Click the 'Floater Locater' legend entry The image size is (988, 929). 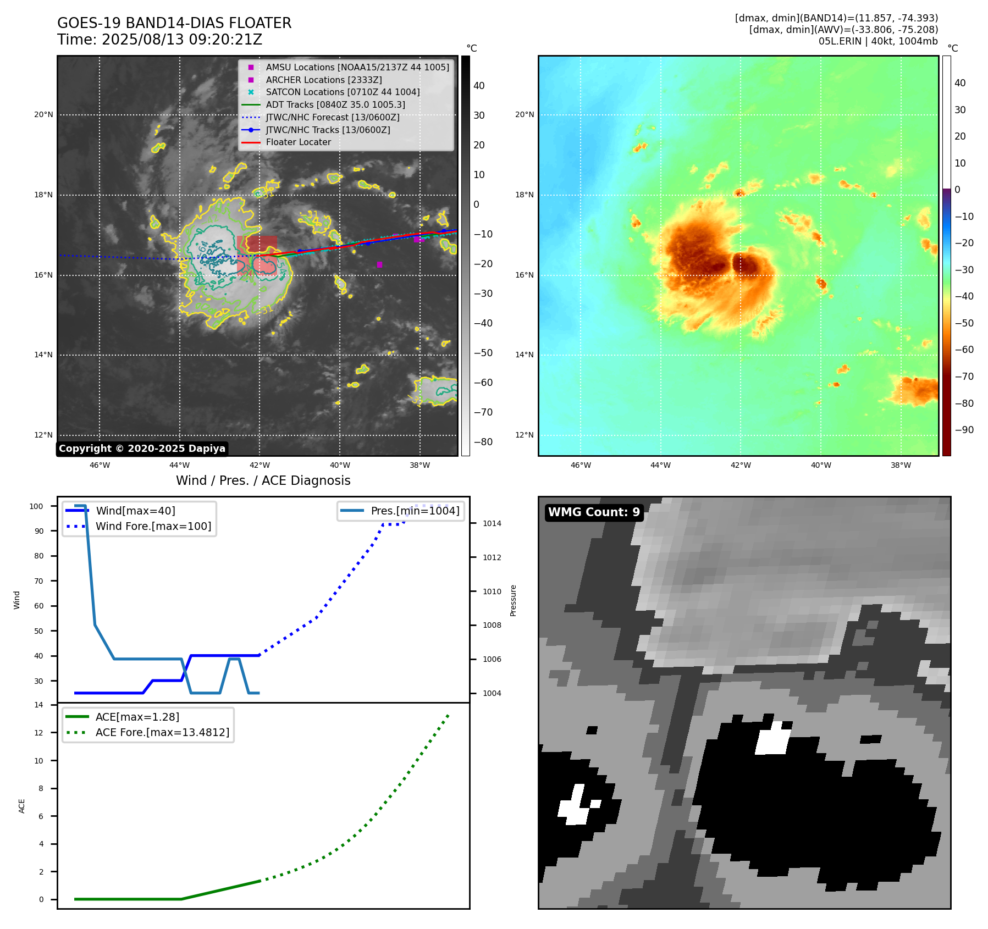pos(298,142)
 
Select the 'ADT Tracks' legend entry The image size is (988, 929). pos(335,104)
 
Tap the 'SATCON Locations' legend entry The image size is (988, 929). pos(343,92)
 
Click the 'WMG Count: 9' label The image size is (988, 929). pos(594,512)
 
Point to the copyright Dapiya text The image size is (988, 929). pos(142,449)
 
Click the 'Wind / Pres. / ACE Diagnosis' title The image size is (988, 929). pos(263,480)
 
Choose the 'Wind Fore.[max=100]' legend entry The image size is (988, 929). pos(153,526)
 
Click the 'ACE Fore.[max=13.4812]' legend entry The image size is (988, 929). pos(162,732)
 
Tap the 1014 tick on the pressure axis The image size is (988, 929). pos(492,523)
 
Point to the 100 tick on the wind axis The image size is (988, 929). pos(36,506)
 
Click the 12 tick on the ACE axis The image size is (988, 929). pos(38,733)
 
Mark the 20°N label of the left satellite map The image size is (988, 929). pos(43,115)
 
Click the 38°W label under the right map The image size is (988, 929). pos(901,465)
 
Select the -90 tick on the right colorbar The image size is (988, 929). pos(964,430)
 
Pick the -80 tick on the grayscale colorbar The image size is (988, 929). pos(483,442)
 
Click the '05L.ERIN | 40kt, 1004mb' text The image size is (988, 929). pos(878,41)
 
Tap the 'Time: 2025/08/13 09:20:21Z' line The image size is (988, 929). pos(159,40)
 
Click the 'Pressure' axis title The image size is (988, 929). pos(513,600)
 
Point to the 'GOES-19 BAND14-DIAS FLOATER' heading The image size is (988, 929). pos(174,23)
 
